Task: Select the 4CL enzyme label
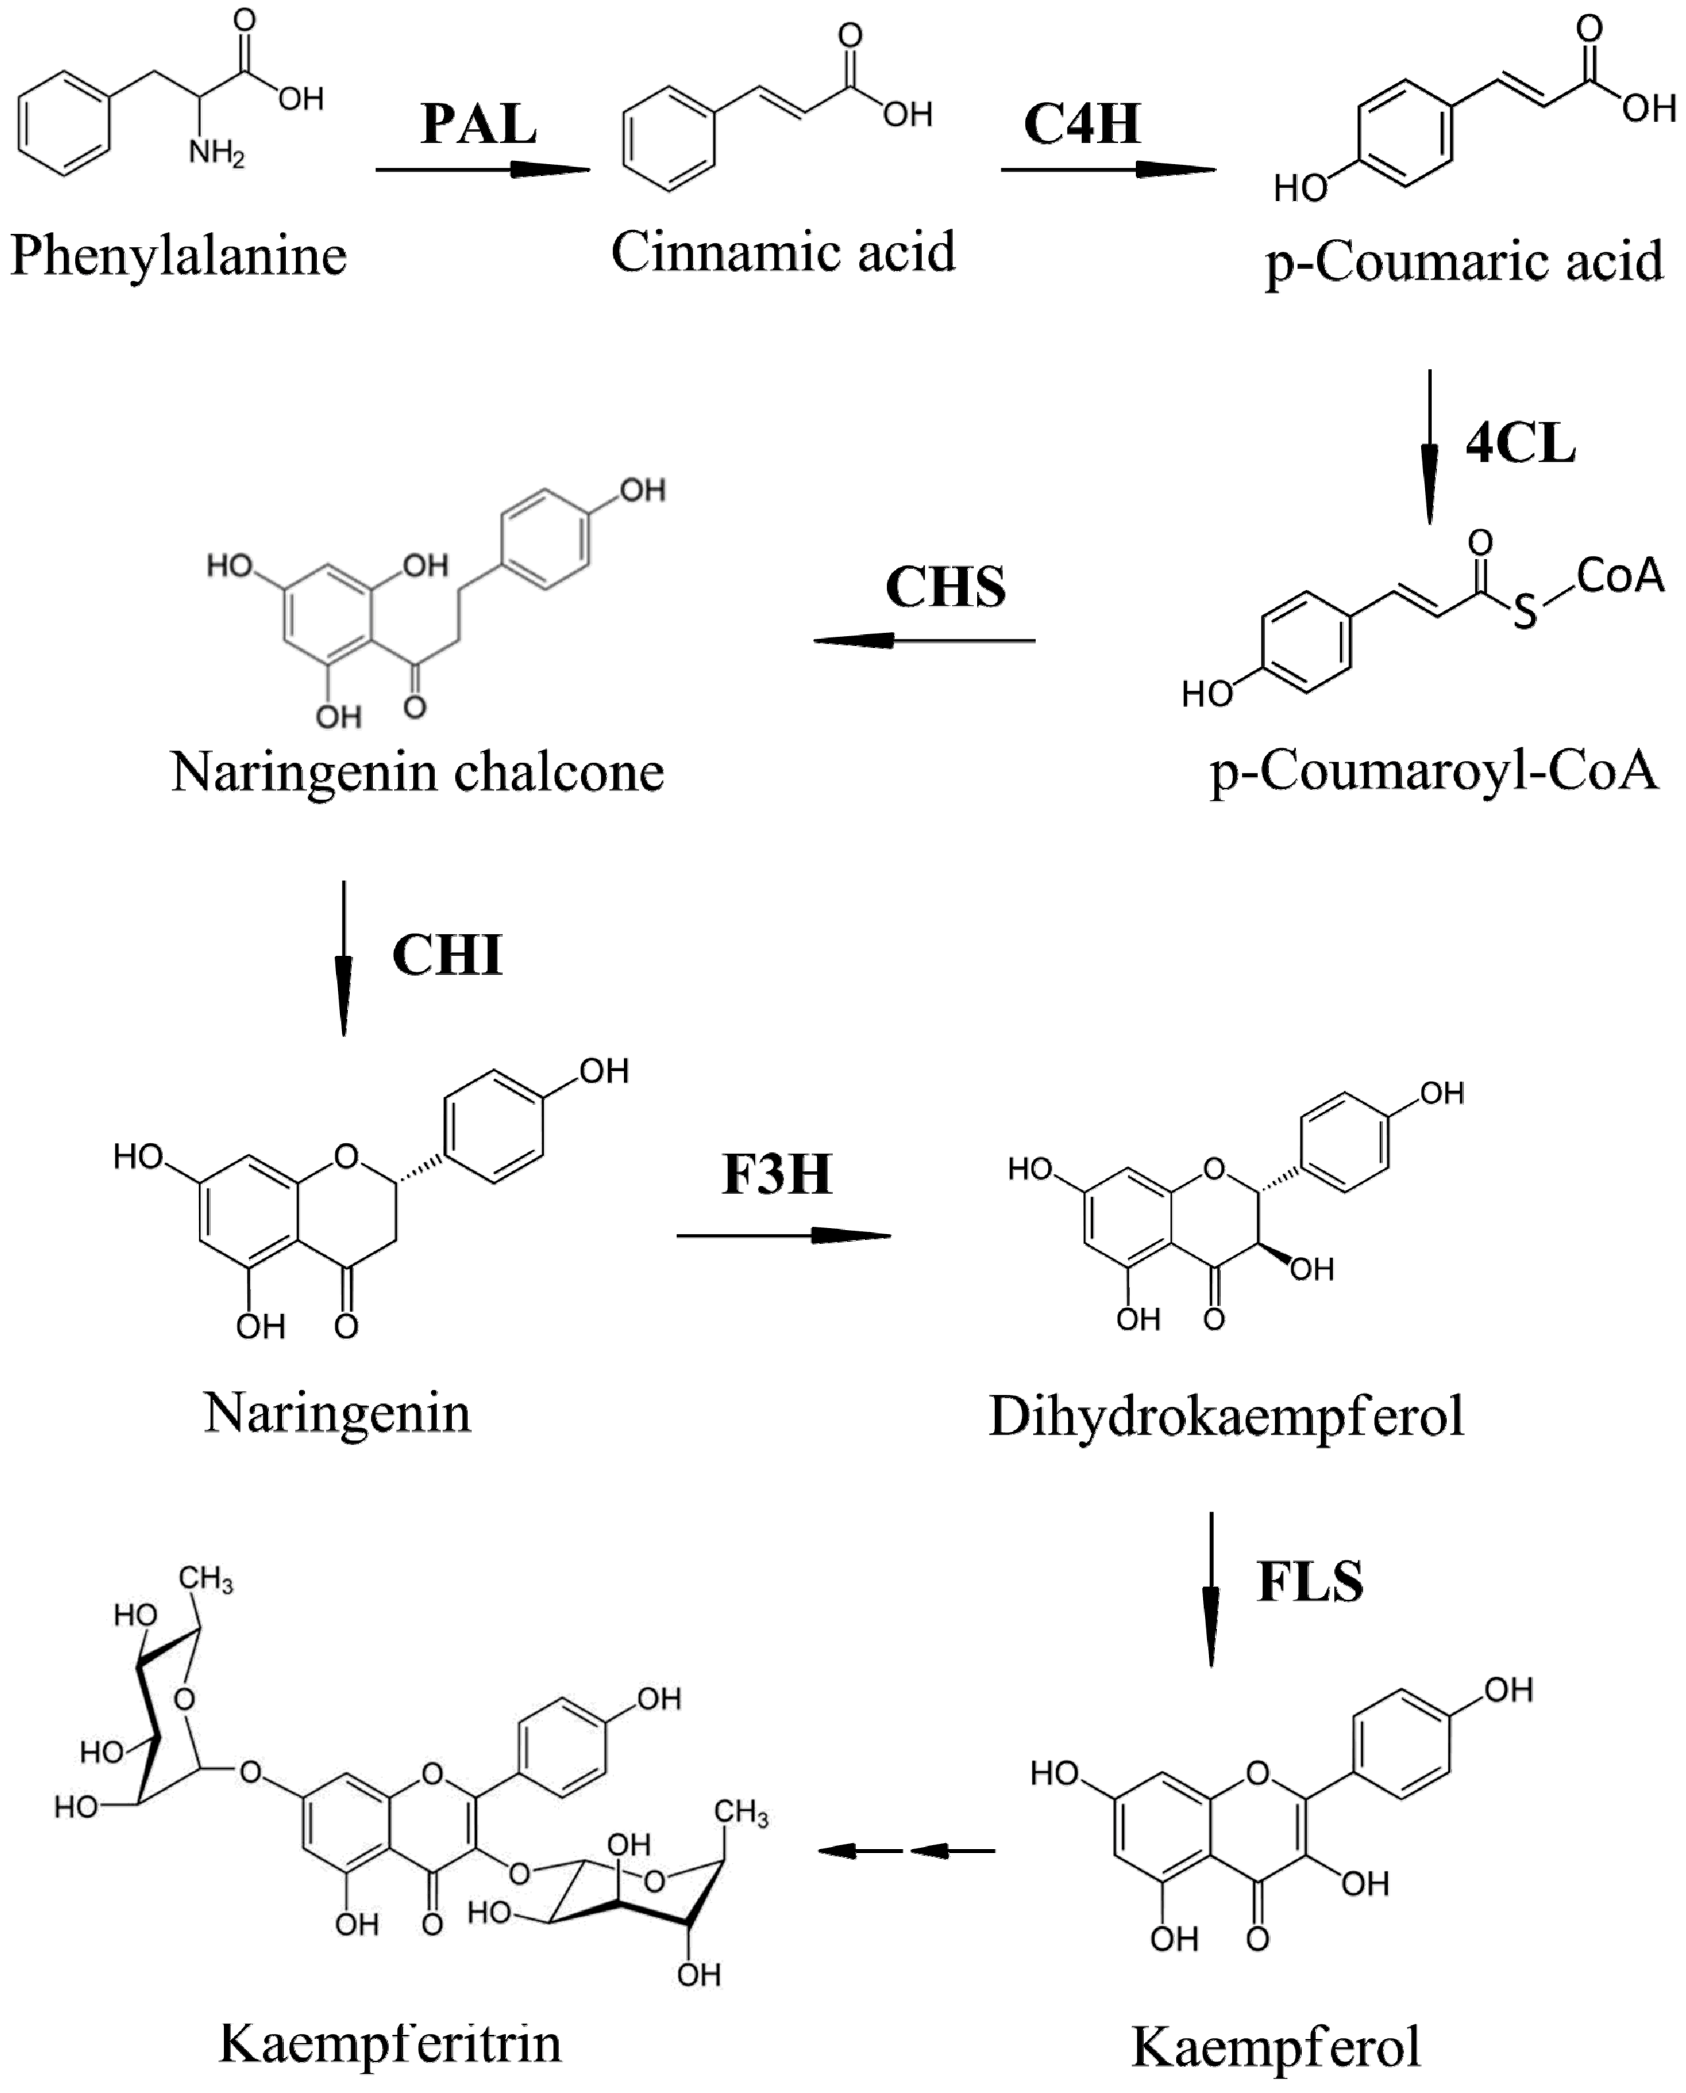tap(1520, 444)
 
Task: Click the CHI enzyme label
tap(447, 955)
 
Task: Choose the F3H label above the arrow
tap(777, 1174)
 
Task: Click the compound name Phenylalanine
tap(179, 256)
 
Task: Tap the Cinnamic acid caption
tap(783, 252)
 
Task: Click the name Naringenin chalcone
tap(418, 773)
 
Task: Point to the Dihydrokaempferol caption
tap(1225, 1417)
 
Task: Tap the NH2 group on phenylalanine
tap(215, 152)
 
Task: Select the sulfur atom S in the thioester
tap(1526, 612)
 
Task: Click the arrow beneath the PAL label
tap(483, 170)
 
